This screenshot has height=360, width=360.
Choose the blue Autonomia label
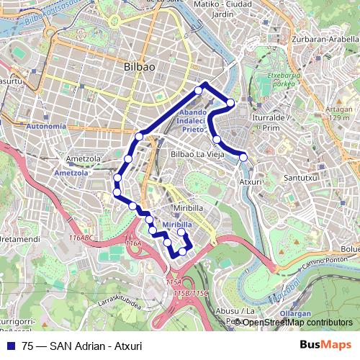[x=45, y=127]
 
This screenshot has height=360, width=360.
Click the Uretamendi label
[x=19, y=238]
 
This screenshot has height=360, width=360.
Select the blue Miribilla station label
[x=177, y=225]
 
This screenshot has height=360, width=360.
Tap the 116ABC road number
[x=81, y=237]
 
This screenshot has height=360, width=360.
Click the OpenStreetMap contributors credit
[x=297, y=323]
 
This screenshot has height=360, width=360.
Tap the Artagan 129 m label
[x=345, y=112]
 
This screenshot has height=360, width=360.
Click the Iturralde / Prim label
[x=266, y=122]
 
